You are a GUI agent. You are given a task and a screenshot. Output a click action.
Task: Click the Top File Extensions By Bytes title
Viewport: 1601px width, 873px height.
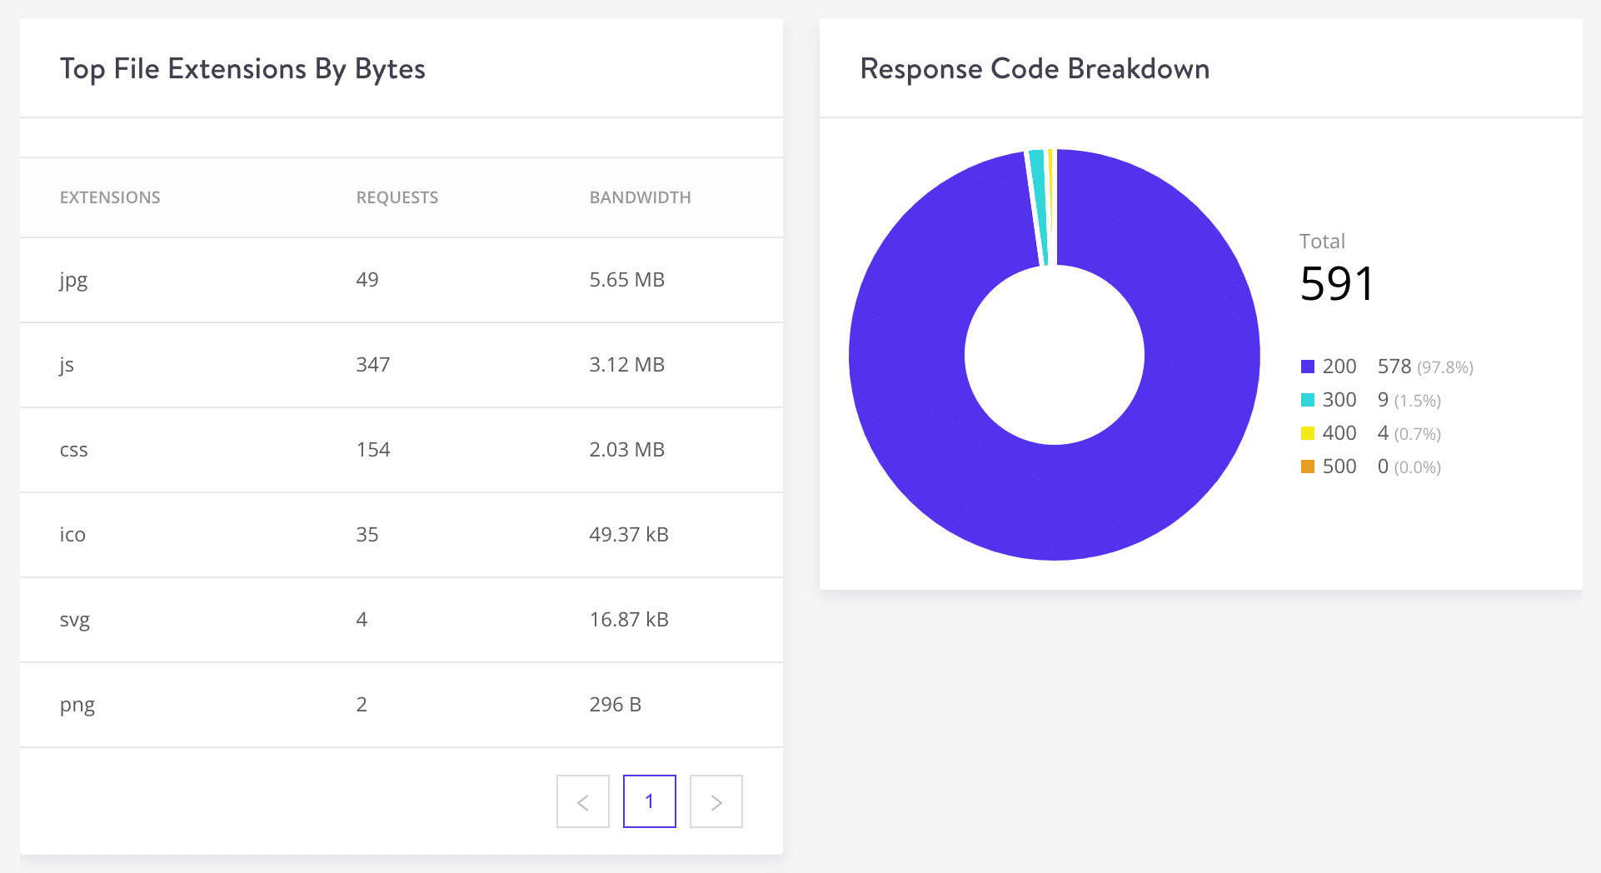[x=242, y=69]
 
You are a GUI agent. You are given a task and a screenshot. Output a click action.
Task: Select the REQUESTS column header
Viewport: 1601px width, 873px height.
[x=397, y=197]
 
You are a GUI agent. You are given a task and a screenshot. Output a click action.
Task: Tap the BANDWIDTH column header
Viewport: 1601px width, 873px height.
[x=640, y=197]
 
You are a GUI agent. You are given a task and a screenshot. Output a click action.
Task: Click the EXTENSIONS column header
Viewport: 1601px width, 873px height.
[x=110, y=197]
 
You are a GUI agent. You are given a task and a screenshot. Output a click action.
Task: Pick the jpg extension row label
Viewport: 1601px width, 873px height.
[x=73, y=280]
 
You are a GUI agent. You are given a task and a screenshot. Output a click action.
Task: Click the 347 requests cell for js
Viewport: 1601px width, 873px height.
[x=372, y=365]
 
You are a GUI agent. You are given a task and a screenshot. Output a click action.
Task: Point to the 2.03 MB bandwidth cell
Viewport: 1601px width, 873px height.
[x=626, y=450]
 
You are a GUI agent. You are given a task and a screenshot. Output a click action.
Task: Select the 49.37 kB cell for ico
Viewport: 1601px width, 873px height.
[x=628, y=535]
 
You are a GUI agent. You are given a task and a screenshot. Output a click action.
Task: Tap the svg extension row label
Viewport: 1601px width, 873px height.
[x=74, y=620]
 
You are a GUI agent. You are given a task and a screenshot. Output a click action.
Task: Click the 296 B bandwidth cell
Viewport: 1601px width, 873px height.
[x=615, y=705]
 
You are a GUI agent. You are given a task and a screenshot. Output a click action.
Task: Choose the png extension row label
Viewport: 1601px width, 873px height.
[x=77, y=705]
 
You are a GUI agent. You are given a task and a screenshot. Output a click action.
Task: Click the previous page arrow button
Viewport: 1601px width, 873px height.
[x=583, y=801]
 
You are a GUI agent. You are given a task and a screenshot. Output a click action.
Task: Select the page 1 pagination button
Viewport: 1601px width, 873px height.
[x=650, y=801]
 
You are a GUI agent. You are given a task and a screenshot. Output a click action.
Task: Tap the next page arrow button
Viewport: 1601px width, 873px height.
[x=716, y=801]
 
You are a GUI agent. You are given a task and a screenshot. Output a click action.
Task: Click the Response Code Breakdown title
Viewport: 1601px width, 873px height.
[x=1035, y=69]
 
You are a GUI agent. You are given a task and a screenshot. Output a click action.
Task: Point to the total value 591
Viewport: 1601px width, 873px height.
[x=1336, y=284]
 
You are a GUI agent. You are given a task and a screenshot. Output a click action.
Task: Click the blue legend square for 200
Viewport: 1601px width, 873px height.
[x=1308, y=367]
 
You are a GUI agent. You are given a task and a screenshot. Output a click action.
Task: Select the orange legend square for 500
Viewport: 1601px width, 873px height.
[x=1308, y=466]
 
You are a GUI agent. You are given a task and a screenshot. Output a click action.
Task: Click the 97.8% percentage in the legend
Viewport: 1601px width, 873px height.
[x=1445, y=367]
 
